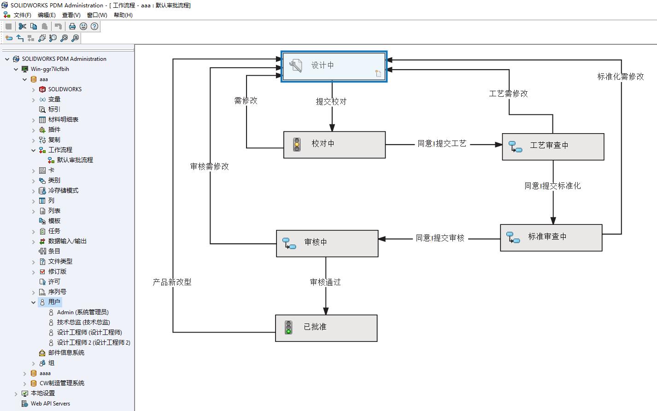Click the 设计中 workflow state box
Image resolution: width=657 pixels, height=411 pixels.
coord(334,66)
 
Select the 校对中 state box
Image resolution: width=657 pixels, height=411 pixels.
coord(334,145)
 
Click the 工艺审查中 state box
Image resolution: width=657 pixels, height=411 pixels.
coord(553,147)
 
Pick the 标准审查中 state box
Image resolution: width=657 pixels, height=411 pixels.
coord(551,238)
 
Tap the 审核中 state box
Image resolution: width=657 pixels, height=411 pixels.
coord(327,243)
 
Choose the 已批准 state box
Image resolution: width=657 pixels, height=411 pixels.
coord(326,328)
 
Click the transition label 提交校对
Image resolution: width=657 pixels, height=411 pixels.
coord(331,101)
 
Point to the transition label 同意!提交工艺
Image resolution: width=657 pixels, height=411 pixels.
coord(442,143)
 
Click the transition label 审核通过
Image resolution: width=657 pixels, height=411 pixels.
coord(325,282)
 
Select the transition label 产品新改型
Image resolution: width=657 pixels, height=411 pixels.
coord(172,282)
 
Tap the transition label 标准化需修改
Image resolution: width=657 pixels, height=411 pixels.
coord(620,76)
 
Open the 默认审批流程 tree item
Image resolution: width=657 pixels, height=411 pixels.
coord(75,160)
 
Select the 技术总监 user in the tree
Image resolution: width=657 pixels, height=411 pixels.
coord(83,322)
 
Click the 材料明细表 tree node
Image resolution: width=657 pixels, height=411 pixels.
coord(63,119)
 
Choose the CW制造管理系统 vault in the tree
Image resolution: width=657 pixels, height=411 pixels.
coord(62,383)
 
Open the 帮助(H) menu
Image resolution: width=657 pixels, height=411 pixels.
coord(123,15)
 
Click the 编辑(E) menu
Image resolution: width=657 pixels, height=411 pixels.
coord(47,15)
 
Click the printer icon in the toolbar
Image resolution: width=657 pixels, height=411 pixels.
coord(72,26)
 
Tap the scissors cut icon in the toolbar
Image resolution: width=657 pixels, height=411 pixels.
coord(22,26)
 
